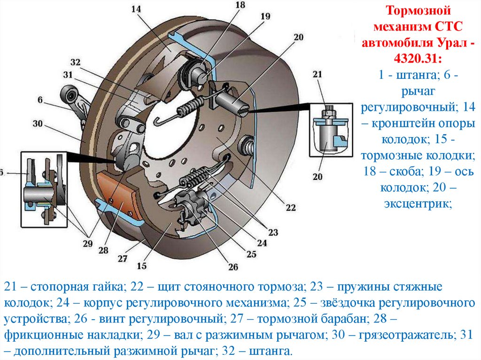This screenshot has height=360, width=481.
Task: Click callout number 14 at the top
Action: (136, 8)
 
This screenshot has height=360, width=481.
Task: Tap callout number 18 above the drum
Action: (240, 5)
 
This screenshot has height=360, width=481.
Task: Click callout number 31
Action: (68, 75)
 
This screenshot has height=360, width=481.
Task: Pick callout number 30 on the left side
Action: (39, 124)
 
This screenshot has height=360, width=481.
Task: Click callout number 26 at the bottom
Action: (233, 267)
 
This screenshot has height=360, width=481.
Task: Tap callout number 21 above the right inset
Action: (318, 74)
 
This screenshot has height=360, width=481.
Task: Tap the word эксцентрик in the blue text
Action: (418, 204)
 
